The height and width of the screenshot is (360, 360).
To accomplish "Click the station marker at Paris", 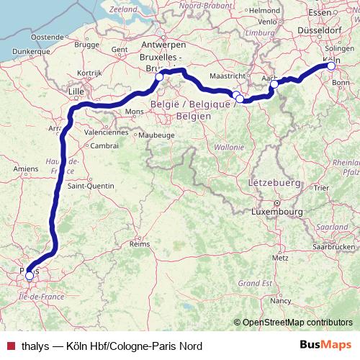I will coord(30,276).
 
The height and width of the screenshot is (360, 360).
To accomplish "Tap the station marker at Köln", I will coord(331,66).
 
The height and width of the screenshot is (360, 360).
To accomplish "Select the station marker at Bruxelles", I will coord(159,76).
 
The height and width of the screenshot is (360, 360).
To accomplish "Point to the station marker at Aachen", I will coord(274,84).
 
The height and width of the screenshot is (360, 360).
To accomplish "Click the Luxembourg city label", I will coord(276,212).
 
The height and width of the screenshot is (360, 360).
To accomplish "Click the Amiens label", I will coord(24,168).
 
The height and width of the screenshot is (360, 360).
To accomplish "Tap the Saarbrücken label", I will coord(335,246).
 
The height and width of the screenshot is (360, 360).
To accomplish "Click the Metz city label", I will coord(281,257).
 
